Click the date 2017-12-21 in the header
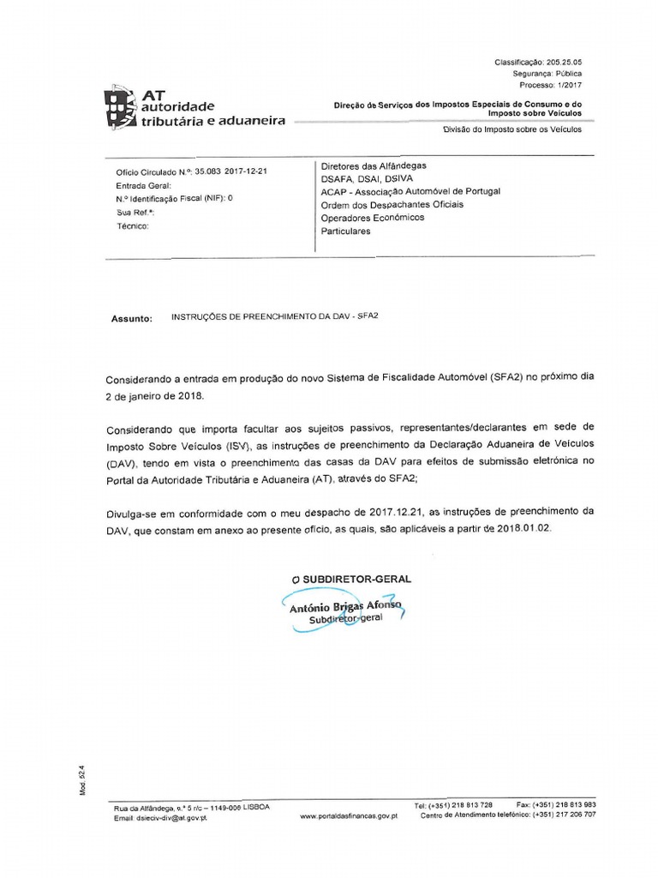(x=247, y=171)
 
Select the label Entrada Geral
(x=143, y=184)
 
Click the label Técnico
(x=133, y=226)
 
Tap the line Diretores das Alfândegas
(x=374, y=165)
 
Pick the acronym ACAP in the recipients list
(x=332, y=192)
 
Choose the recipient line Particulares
(x=346, y=232)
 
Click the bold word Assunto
(x=132, y=318)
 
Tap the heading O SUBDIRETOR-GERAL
(x=351, y=579)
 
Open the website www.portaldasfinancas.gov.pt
(x=349, y=816)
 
